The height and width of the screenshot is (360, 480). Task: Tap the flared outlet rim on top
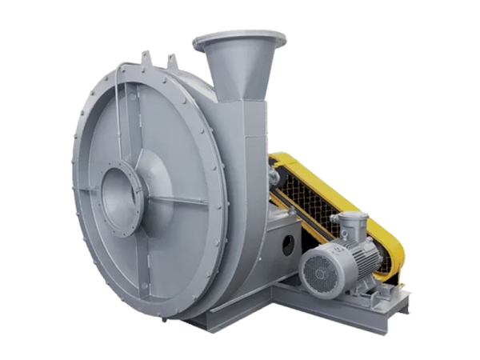239,37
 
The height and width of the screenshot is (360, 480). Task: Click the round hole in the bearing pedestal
286,246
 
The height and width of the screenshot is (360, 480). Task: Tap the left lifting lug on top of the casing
146,59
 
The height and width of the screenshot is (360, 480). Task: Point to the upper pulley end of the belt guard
280,164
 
